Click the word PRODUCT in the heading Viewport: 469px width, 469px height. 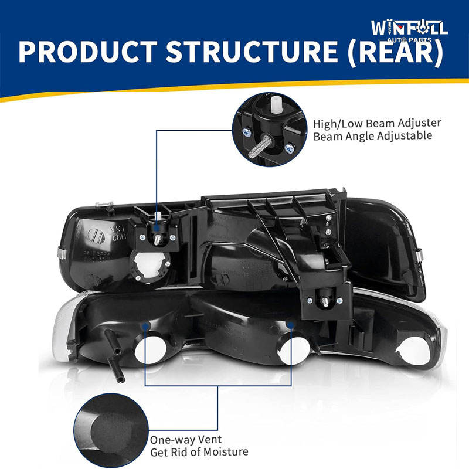pos(87,52)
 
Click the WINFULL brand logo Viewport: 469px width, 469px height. pos(409,28)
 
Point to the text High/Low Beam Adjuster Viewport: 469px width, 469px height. pos(377,124)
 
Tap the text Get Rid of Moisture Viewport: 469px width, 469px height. pos(199,452)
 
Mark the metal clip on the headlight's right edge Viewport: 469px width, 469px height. pos(420,253)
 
